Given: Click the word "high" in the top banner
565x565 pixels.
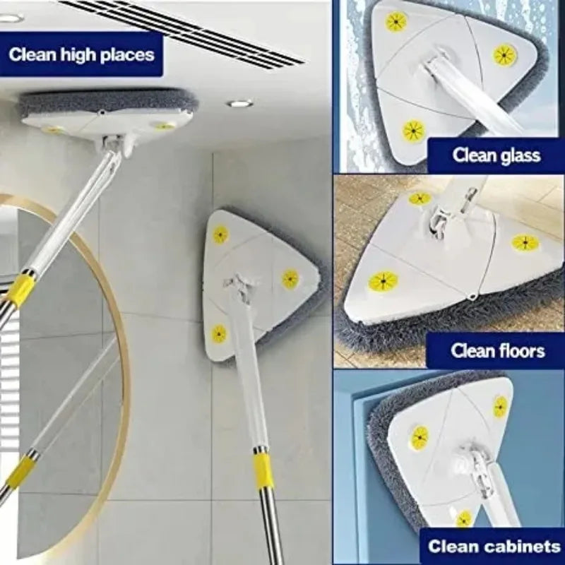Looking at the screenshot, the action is pyautogui.click(x=78, y=55).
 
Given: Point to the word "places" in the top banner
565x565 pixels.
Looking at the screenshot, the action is pyautogui.click(x=127, y=55).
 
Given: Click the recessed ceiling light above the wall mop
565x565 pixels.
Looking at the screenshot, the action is pyautogui.click(x=239, y=104).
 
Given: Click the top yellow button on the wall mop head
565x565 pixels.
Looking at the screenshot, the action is pyautogui.click(x=220, y=235).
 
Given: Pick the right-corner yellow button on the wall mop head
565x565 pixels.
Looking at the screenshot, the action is pyautogui.click(x=290, y=279).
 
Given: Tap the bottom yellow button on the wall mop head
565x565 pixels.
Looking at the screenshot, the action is pyautogui.click(x=219, y=333).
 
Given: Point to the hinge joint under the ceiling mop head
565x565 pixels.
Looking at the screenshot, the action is pyautogui.click(x=115, y=145).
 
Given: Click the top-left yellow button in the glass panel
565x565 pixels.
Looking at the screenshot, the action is pyautogui.click(x=396, y=22).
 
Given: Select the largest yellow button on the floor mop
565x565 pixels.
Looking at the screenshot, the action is pyautogui.click(x=383, y=280).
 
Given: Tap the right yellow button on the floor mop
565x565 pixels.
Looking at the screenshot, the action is pyautogui.click(x=525, y=243).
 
